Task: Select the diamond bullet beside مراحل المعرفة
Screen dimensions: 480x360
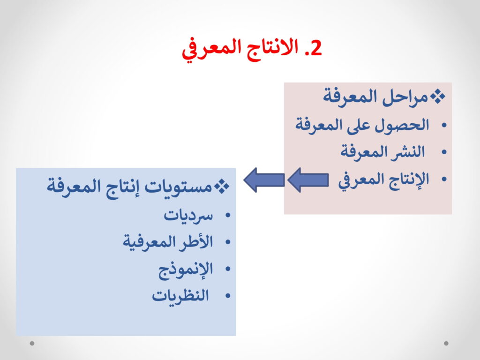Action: click(438, 97)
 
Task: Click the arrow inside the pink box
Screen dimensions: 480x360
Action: click(308, 180)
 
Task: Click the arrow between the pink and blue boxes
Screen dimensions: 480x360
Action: click(264, 180)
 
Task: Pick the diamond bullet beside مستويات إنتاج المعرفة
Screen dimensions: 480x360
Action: click(222, 187)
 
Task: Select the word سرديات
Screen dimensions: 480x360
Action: click(188, 216)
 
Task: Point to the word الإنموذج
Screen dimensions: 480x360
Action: click(186, 270)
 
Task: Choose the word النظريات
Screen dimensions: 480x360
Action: click(180, 296)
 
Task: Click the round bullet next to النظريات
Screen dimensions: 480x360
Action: click(227, 296)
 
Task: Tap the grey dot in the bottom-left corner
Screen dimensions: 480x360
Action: click(32, 343)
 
